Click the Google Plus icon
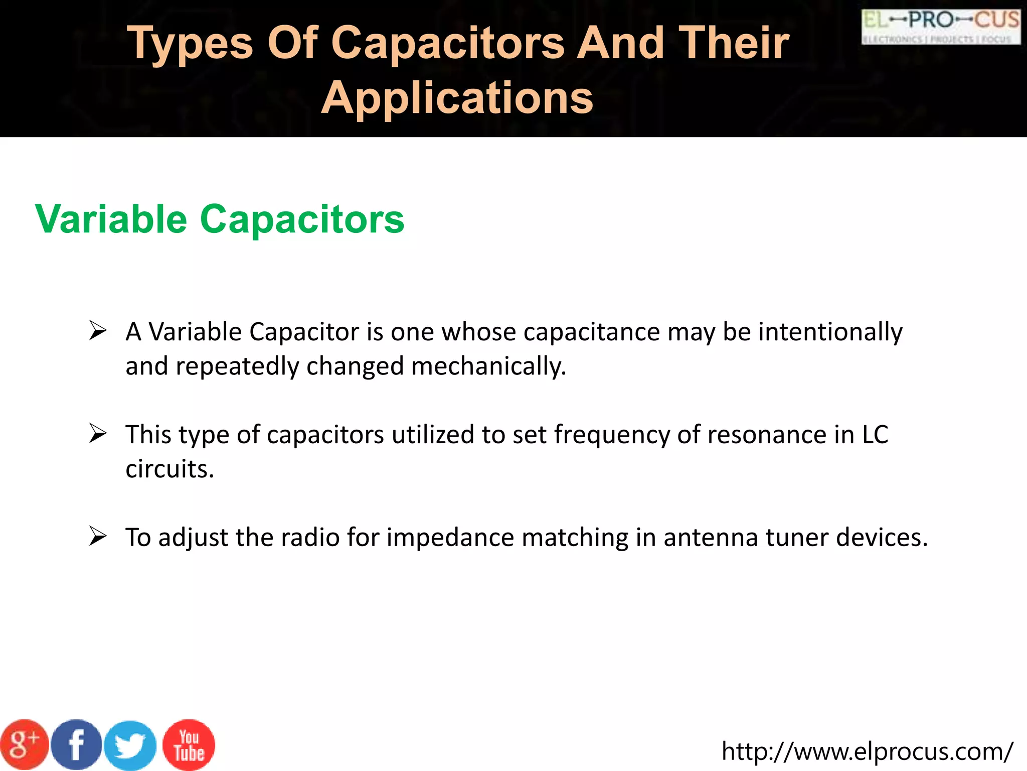click(24, 745)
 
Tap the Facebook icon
click(76, 745)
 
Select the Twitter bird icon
click(130, 746)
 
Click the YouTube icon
click(189, 745)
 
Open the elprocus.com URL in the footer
click(867, 751)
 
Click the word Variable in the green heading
click(111, 219)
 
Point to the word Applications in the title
click(457, 97)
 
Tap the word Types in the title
click(190, 44)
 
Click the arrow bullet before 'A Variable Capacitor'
click(98, 331)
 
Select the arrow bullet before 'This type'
click(98, 434)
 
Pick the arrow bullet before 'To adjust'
click(98, 537)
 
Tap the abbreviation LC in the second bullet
click(875, 435)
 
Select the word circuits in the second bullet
click(169, 469)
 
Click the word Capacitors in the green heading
click(302, 219)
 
